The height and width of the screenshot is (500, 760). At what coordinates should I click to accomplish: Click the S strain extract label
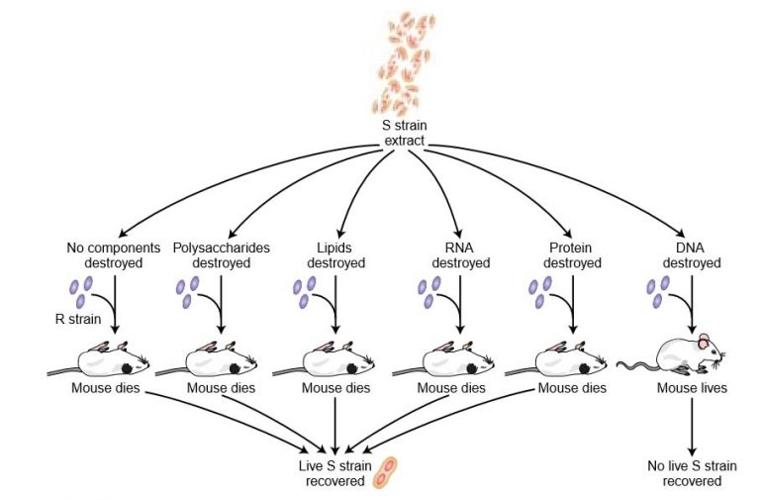[x=404, y=134]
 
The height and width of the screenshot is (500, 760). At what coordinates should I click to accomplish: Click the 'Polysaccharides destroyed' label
[x=221, y=255]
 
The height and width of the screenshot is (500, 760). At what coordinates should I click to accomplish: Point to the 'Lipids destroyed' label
[x=335, y=255]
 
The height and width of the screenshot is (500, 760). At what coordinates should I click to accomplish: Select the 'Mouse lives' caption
[x=691, y=388]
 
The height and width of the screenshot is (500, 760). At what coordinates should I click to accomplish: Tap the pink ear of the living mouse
[x=705, y=342]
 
